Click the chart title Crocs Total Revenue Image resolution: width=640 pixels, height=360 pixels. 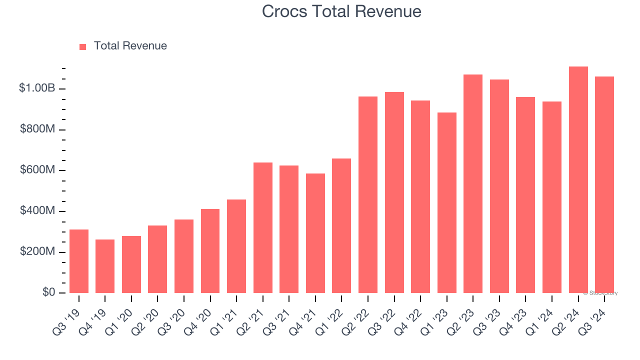[x=341, y=11]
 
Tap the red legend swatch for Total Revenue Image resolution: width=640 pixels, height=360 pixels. [x=83, y=46]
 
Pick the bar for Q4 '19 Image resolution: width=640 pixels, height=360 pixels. [x=105, y=266]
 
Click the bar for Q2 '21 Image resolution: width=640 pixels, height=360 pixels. [x=263, y=227]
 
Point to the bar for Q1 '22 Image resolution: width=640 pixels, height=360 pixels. [x=341, y=225]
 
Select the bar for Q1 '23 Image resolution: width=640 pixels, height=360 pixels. [x=447, y=202]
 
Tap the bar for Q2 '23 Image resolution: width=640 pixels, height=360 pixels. [x=473, y=183]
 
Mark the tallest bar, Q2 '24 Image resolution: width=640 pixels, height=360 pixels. [x=578, y=179]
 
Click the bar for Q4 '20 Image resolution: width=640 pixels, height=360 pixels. [x=210, y=250]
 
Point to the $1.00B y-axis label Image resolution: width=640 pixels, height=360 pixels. [x=37, y=88]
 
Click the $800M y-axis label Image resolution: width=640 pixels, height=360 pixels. [x=37, y=129]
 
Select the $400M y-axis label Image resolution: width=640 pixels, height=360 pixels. [x=37, y=211]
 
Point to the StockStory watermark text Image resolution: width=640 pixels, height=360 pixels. [x=601, y=293]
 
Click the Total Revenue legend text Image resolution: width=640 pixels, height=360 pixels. [x=130, y=46]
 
